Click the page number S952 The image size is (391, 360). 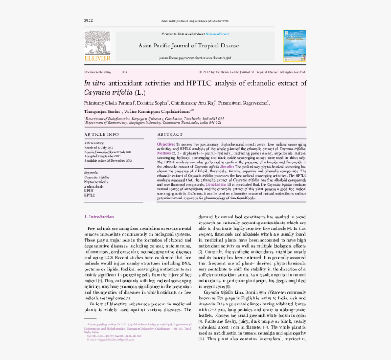(x=88, y=20)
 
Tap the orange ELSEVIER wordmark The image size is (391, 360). (x=97, y=58)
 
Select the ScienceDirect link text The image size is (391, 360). (x=217, y=34)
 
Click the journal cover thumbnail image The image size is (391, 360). (x=295, y=46)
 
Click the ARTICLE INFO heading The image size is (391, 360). (x=101, y=135)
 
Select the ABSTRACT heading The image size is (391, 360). (x=170, y=135)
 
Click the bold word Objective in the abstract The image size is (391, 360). (x=165, y=144)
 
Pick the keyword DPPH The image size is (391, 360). (x=89, y=191)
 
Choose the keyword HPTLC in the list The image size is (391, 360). (x=90, y=195)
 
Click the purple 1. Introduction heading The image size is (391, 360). (x=99, y=217)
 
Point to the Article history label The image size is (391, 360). (x=94, y=143)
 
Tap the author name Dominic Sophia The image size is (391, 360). (x=154, y=103)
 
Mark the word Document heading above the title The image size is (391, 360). (x=97, y=72)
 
